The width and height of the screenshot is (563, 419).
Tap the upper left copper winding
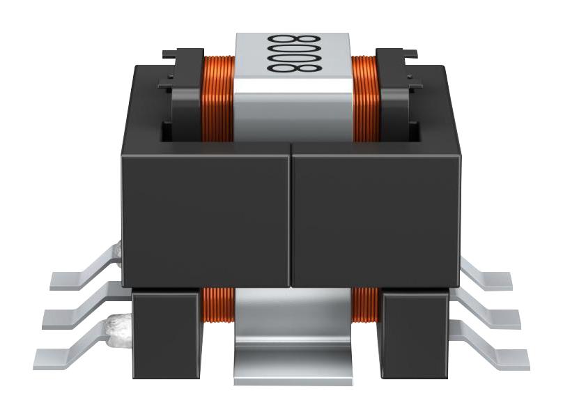tap(217, 98)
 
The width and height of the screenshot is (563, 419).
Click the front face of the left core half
tap(206, 216)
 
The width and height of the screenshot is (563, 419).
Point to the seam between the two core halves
tap(291, 216)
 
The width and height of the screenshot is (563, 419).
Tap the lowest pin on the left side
tap(70, 352)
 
